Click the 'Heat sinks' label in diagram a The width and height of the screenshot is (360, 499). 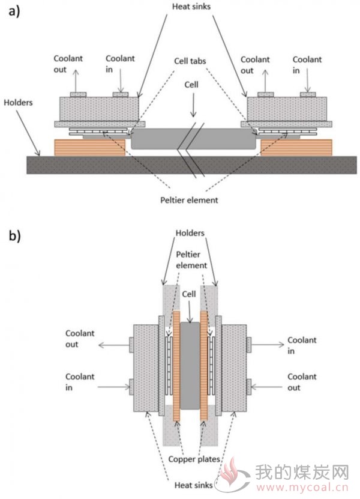click(191, 7)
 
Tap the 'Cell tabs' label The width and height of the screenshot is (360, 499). click(190, 61)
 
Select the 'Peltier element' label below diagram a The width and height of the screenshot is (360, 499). click(189, 200)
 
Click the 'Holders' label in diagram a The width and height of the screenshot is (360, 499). click(18, 103)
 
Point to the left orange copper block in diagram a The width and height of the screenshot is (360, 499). click(90, 148)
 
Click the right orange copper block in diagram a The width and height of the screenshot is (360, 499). click(296, 148)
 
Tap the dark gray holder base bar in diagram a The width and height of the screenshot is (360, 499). click(191, 165)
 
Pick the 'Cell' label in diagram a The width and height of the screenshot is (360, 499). click(191, 85)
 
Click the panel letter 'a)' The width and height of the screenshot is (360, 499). click(14, 11)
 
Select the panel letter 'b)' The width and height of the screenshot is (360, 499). click(14, 236)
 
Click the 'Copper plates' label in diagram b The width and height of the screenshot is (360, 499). click(194, 459)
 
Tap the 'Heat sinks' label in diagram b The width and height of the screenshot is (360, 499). click(193, 485)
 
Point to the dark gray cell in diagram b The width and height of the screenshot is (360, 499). click(190, 365)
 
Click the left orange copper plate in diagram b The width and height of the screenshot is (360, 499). click(176, 366)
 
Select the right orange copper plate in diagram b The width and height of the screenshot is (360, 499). click(204, 366)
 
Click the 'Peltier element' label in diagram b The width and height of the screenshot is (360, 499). click(191, 259)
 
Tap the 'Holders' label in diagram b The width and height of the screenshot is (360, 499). click(190, 233)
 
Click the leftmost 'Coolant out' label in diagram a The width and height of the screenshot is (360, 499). click(68, 64)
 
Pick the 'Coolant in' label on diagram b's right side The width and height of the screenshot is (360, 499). click(302, 345)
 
